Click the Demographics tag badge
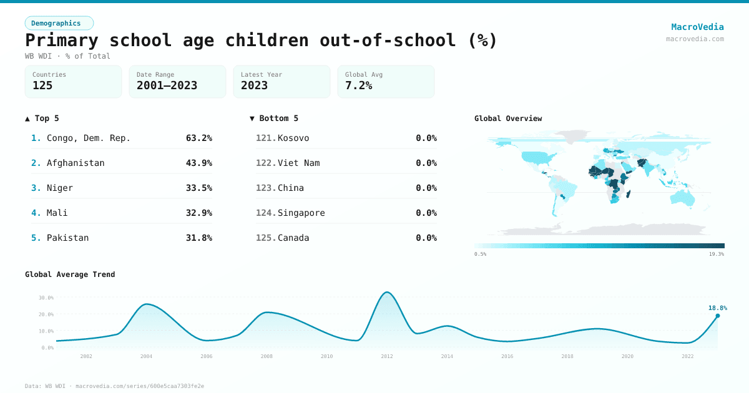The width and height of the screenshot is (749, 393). [59, 23]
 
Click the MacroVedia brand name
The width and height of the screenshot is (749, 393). [697, 27]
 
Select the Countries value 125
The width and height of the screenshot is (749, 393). [42, 85]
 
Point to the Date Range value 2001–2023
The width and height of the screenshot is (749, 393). [167, 85]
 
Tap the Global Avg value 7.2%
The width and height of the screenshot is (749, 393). [358, 85]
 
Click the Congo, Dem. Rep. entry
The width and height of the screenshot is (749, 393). [89, 138]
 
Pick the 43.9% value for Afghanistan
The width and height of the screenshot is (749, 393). [198, 163]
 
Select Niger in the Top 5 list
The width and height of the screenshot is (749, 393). [60, 188]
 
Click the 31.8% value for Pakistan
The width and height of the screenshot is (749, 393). [198, 238]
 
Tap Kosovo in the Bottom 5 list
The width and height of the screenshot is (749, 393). [293, 138]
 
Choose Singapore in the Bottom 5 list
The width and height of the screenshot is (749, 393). [301, 213]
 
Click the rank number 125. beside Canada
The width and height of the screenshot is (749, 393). [266, 238]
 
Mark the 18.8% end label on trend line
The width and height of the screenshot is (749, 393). [718, 308]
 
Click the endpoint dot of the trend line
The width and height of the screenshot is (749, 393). [717, 316]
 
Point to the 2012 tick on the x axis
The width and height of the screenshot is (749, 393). [387, 356]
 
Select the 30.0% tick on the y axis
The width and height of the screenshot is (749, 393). [46, 298]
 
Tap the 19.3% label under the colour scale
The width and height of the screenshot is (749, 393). [717, 254]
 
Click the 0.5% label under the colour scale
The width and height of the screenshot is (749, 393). [480, 254]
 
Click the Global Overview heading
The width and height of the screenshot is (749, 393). [508, 119]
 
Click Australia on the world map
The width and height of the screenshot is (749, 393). [683, 197]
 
